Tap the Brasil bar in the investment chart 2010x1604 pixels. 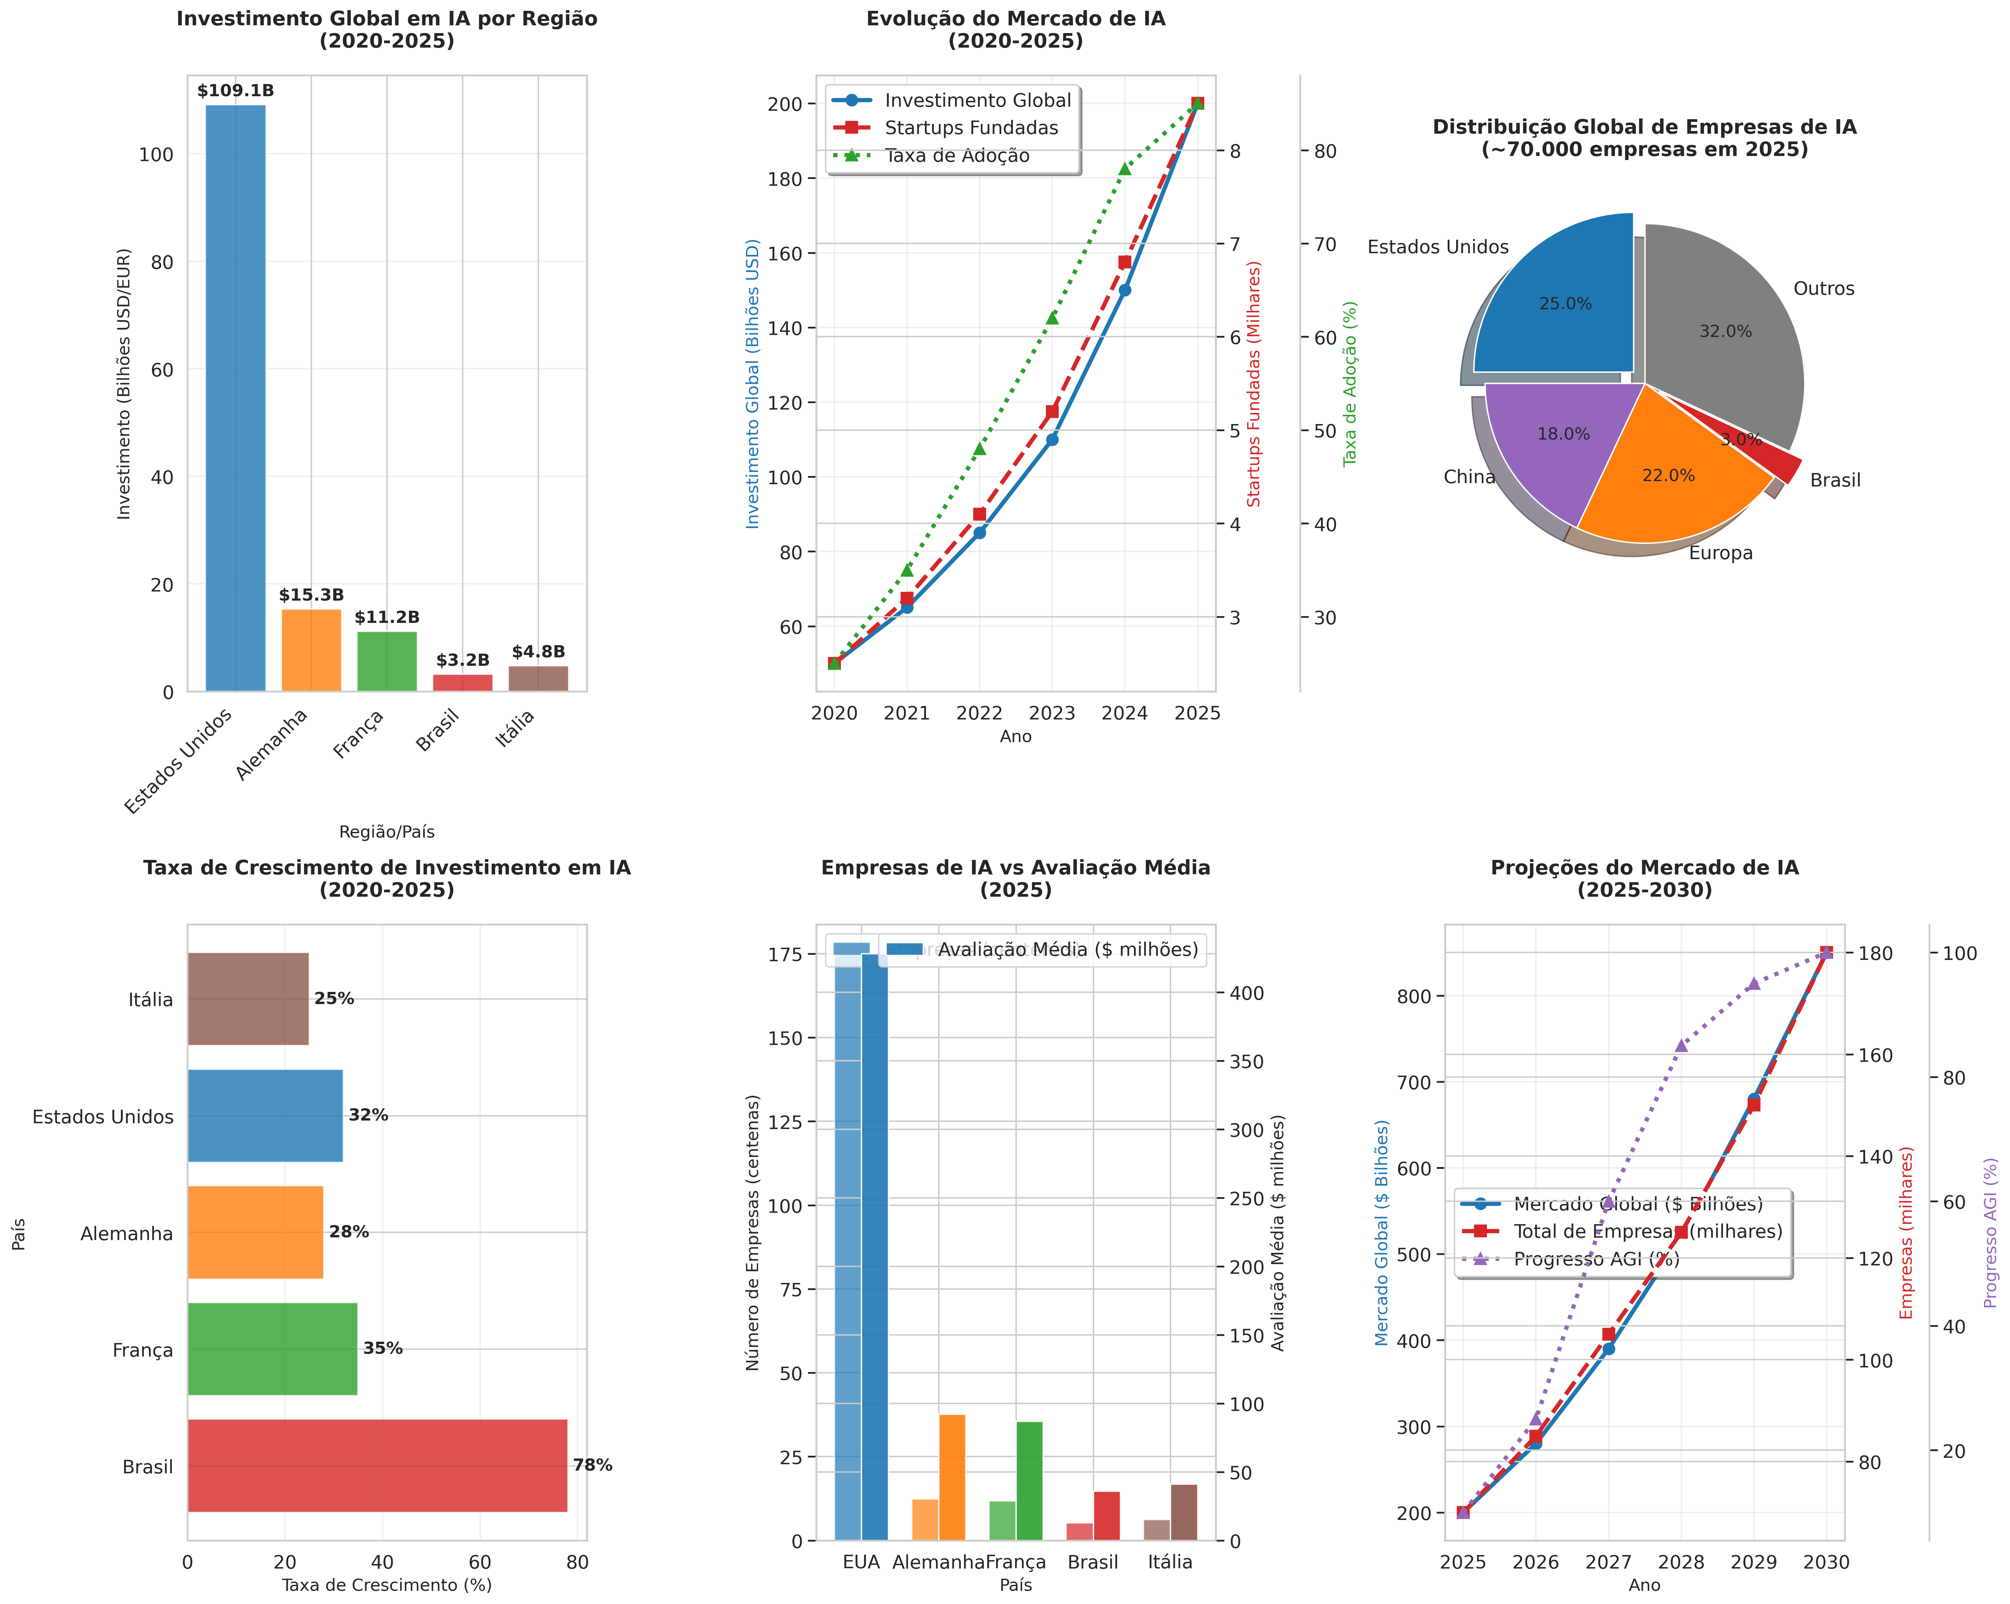pyautogui.click(x=462, y=682)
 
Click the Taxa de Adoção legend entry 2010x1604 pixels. pyautogui.click(x=956, y=156)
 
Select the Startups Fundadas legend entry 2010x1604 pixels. pyautogui.click(x=971, y=128)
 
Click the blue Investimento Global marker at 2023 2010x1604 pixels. pyautogui.click(x=1052, y=439)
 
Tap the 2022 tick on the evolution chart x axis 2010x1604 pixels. pyautogui.click(x=979, y=713)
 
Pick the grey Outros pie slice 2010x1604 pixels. pyautogui.click(x=1725, y=326)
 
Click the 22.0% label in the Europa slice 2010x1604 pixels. pyautogui.click(x=1668, y=475)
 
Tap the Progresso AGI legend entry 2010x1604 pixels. pyautogui.click(x=1596, y=1259)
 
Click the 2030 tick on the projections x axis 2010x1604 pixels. pyautogui.click(x=1825, y=1562)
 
